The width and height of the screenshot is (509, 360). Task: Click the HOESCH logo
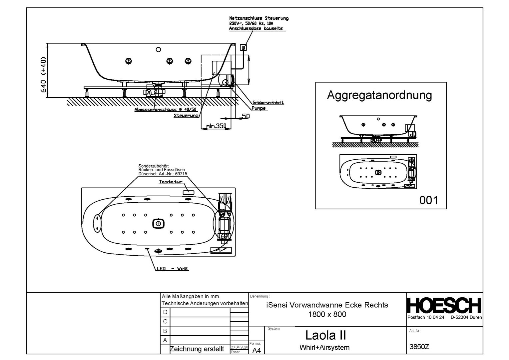(444, 305)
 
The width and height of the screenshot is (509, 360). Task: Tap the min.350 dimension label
(216, 126)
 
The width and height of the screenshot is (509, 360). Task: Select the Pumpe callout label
(259, 108)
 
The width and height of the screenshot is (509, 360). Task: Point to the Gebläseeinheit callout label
(268, 103)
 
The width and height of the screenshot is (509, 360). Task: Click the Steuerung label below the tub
(186, 116)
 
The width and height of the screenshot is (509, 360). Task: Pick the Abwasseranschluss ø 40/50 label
(166, 110)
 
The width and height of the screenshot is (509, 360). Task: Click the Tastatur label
(171, 182)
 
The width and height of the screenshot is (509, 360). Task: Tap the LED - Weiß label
(173, 269)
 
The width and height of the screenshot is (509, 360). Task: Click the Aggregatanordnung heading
(379, 95)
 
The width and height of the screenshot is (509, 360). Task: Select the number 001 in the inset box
(428, 200)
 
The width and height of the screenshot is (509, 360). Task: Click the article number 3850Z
(419, 347)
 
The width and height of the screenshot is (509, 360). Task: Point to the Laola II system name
(325, 335)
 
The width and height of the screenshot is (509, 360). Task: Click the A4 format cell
(256, 350)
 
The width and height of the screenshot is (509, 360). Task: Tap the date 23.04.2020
(239, 347)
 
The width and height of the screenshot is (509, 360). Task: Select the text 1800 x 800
(327, 314)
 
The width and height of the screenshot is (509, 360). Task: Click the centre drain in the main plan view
(158, 223)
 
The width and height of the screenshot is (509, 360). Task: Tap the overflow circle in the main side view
(159, 50)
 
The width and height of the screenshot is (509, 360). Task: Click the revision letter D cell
(165, 312)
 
